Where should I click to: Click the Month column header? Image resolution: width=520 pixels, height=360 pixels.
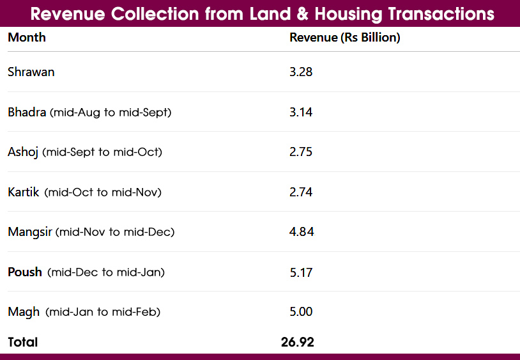point(27,38)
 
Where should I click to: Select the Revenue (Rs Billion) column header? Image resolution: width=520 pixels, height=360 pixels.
point(344,38)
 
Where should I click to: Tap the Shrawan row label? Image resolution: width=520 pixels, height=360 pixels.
point(31,72)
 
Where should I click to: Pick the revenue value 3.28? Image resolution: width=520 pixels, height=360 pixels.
point(301,72)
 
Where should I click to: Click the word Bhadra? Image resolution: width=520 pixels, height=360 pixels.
point(27,113)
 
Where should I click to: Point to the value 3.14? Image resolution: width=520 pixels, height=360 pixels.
point(301,113)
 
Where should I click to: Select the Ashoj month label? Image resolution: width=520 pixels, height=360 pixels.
point(23,152)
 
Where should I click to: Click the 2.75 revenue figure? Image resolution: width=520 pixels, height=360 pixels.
point(301,152)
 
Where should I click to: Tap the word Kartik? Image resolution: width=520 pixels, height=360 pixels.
point(24,192)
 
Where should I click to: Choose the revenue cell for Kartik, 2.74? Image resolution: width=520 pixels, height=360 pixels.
point(301,192)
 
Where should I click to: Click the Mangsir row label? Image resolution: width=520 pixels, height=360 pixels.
point(30,232)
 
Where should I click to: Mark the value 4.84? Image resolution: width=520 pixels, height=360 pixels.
point(302,232)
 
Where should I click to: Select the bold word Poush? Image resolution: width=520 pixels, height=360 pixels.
point(25,272)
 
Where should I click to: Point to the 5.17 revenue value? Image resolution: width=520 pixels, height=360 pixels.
point(301,272)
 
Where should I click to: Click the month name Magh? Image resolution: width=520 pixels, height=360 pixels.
point(24,312)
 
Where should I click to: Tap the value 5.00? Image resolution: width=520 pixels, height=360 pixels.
point(301,312)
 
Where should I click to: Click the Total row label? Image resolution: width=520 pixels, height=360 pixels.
point(23,343)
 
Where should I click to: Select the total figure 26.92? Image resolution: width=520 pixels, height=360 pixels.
point(298,343)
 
